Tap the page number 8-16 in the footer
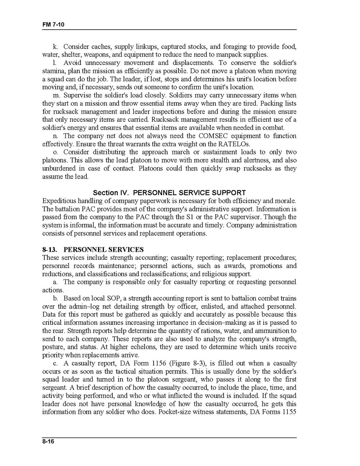tap(49, 441)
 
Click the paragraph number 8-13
tap(50, 250)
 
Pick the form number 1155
tap(288, 412)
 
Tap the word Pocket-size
tap(173, 412)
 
